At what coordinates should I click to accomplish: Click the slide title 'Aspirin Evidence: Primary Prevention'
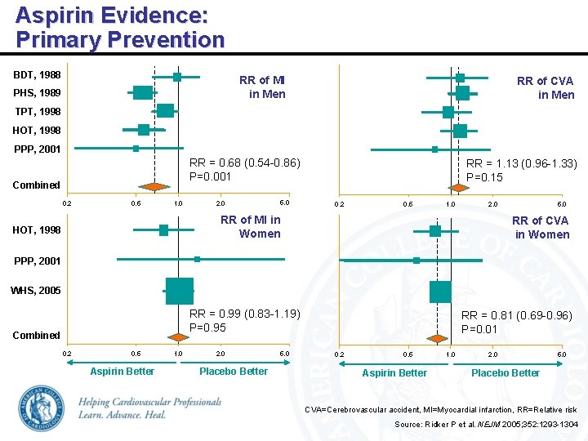click(119, 27)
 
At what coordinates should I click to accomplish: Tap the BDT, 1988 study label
click(37, 75)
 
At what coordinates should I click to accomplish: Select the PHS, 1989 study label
click(37, 93)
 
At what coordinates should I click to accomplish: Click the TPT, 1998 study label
click(37, 111)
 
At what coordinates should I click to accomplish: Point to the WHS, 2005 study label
click(35, 291)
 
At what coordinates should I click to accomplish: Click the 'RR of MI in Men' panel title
click(262, 87)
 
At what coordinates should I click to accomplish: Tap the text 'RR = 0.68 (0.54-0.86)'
click(245, 163)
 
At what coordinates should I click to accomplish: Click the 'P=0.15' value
click(484, 177)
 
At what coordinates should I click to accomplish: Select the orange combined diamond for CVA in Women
click(438, 338)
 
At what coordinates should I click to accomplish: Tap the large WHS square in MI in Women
click(179, 290)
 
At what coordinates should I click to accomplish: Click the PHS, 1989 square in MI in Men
click(142, 93)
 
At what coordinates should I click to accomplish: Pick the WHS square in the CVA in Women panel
click(440, 291)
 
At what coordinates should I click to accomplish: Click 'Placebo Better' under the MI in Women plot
click(233, 372)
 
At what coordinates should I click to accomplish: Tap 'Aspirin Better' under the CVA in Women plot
click(394, 372)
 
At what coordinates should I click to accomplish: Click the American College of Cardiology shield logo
click(41, 406)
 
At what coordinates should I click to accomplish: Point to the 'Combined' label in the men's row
click(37, 185)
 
